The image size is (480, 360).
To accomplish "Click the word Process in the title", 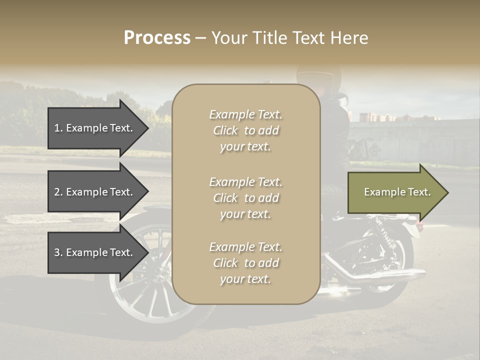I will pyautogui.click(x=157, y=37).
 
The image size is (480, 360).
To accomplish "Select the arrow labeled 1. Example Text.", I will pyautogui.click(x=97, y=128).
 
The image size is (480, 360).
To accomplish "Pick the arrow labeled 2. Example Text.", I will pyautogui.click(x=97, y=192).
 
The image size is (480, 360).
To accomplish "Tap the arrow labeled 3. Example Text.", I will pyautogui.click(x=97, y=252).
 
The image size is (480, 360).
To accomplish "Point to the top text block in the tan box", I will pyautogui.click(x=245, y=130).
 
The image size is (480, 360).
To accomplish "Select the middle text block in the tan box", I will pyautogui.click(x=245, y=197).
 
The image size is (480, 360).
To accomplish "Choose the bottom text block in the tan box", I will pyautogui.click(x=245, y=262).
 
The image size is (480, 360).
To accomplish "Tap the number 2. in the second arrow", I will pyautogui.click(x=58, y=192).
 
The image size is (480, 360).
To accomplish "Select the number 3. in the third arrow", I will pyautogui.click(x=58, y=252).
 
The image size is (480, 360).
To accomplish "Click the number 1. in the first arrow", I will pyautogui.click(x=58, y=128).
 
